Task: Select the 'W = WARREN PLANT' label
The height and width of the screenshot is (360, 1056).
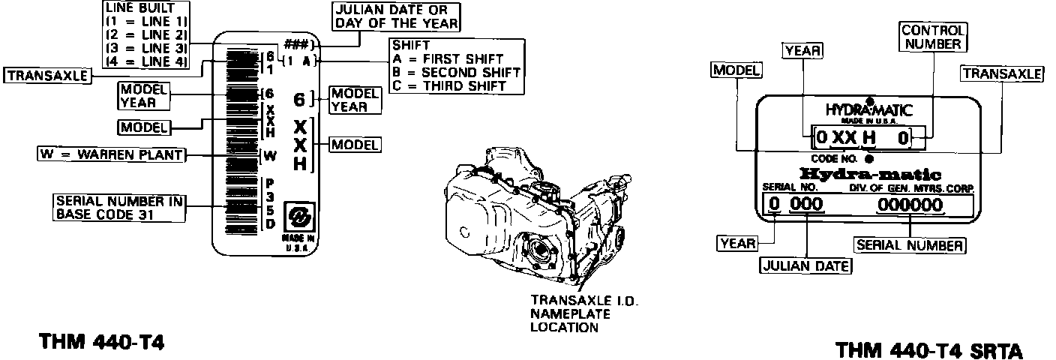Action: coord(110,154)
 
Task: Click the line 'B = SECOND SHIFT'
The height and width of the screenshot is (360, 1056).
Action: coord(455,72)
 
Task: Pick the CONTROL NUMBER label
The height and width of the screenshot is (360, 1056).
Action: coord(932,37)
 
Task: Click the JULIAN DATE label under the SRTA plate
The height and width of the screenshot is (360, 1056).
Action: coord(805,265)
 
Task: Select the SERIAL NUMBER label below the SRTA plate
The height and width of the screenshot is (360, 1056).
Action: coord(910,245)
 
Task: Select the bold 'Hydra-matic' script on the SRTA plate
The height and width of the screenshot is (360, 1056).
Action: coord(871,173)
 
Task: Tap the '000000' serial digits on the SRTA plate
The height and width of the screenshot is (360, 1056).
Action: coord(910,205)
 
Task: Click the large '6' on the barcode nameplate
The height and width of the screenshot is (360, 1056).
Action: coord(298,99)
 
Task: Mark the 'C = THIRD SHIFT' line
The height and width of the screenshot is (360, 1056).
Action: coord(448,85)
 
